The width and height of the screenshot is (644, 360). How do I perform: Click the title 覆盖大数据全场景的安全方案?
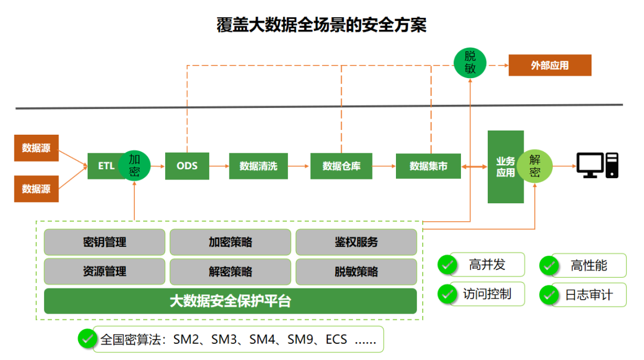321,25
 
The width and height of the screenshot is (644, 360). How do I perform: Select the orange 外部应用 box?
549,66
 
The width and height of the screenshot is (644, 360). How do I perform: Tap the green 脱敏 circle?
470,62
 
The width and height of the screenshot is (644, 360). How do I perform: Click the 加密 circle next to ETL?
134,165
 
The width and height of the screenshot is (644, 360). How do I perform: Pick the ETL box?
105,166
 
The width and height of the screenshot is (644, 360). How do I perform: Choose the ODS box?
187,166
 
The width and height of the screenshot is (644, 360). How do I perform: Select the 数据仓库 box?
341,166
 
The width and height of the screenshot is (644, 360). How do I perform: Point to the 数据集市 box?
428,166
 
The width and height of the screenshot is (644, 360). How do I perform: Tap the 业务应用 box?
504,167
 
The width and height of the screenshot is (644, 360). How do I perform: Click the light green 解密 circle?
534,166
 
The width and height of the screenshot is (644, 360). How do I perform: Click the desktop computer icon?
597,165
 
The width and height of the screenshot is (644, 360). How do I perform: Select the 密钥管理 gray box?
104,243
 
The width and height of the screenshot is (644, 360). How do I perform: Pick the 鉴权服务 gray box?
356,243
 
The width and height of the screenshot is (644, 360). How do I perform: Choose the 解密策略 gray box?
230,272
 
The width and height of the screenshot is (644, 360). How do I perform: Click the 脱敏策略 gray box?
356,272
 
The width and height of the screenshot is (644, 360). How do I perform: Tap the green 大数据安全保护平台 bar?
230,301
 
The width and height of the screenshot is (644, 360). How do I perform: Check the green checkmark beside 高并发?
447,265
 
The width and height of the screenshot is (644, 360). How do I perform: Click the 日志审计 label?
589,294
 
